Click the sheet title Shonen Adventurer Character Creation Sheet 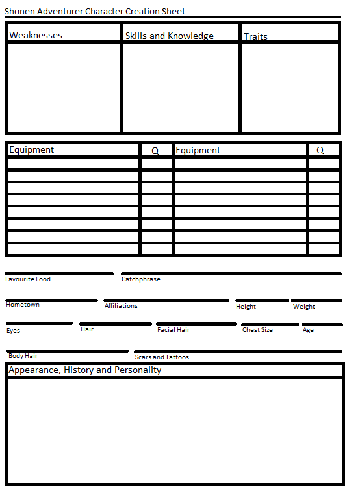click(x=95, y=11)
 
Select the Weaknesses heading click(x=36, y=35)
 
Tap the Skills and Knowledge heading click(x=169, y=36)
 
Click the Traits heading click(x=255, y=36)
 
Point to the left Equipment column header click(x=32, y=149)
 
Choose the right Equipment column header click(x=198, y=150)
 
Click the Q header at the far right click(x=320, y=150)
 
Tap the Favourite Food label click(x=28, y=279)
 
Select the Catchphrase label click(x=141, y=279)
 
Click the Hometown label click(x=23, y=305)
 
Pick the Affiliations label click(x=121, y=305)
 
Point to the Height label click(x=246, y=307)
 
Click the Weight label click(x=304, y=307)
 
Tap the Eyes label click(x=14, y=331)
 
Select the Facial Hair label click(x=174, y=330)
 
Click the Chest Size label click(x=257, y=330)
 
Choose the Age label click(x=308, y=330)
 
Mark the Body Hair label click(x=23, y=356)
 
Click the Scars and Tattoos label click(x=162, y=357)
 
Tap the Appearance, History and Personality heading click(x=85, y=370)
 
